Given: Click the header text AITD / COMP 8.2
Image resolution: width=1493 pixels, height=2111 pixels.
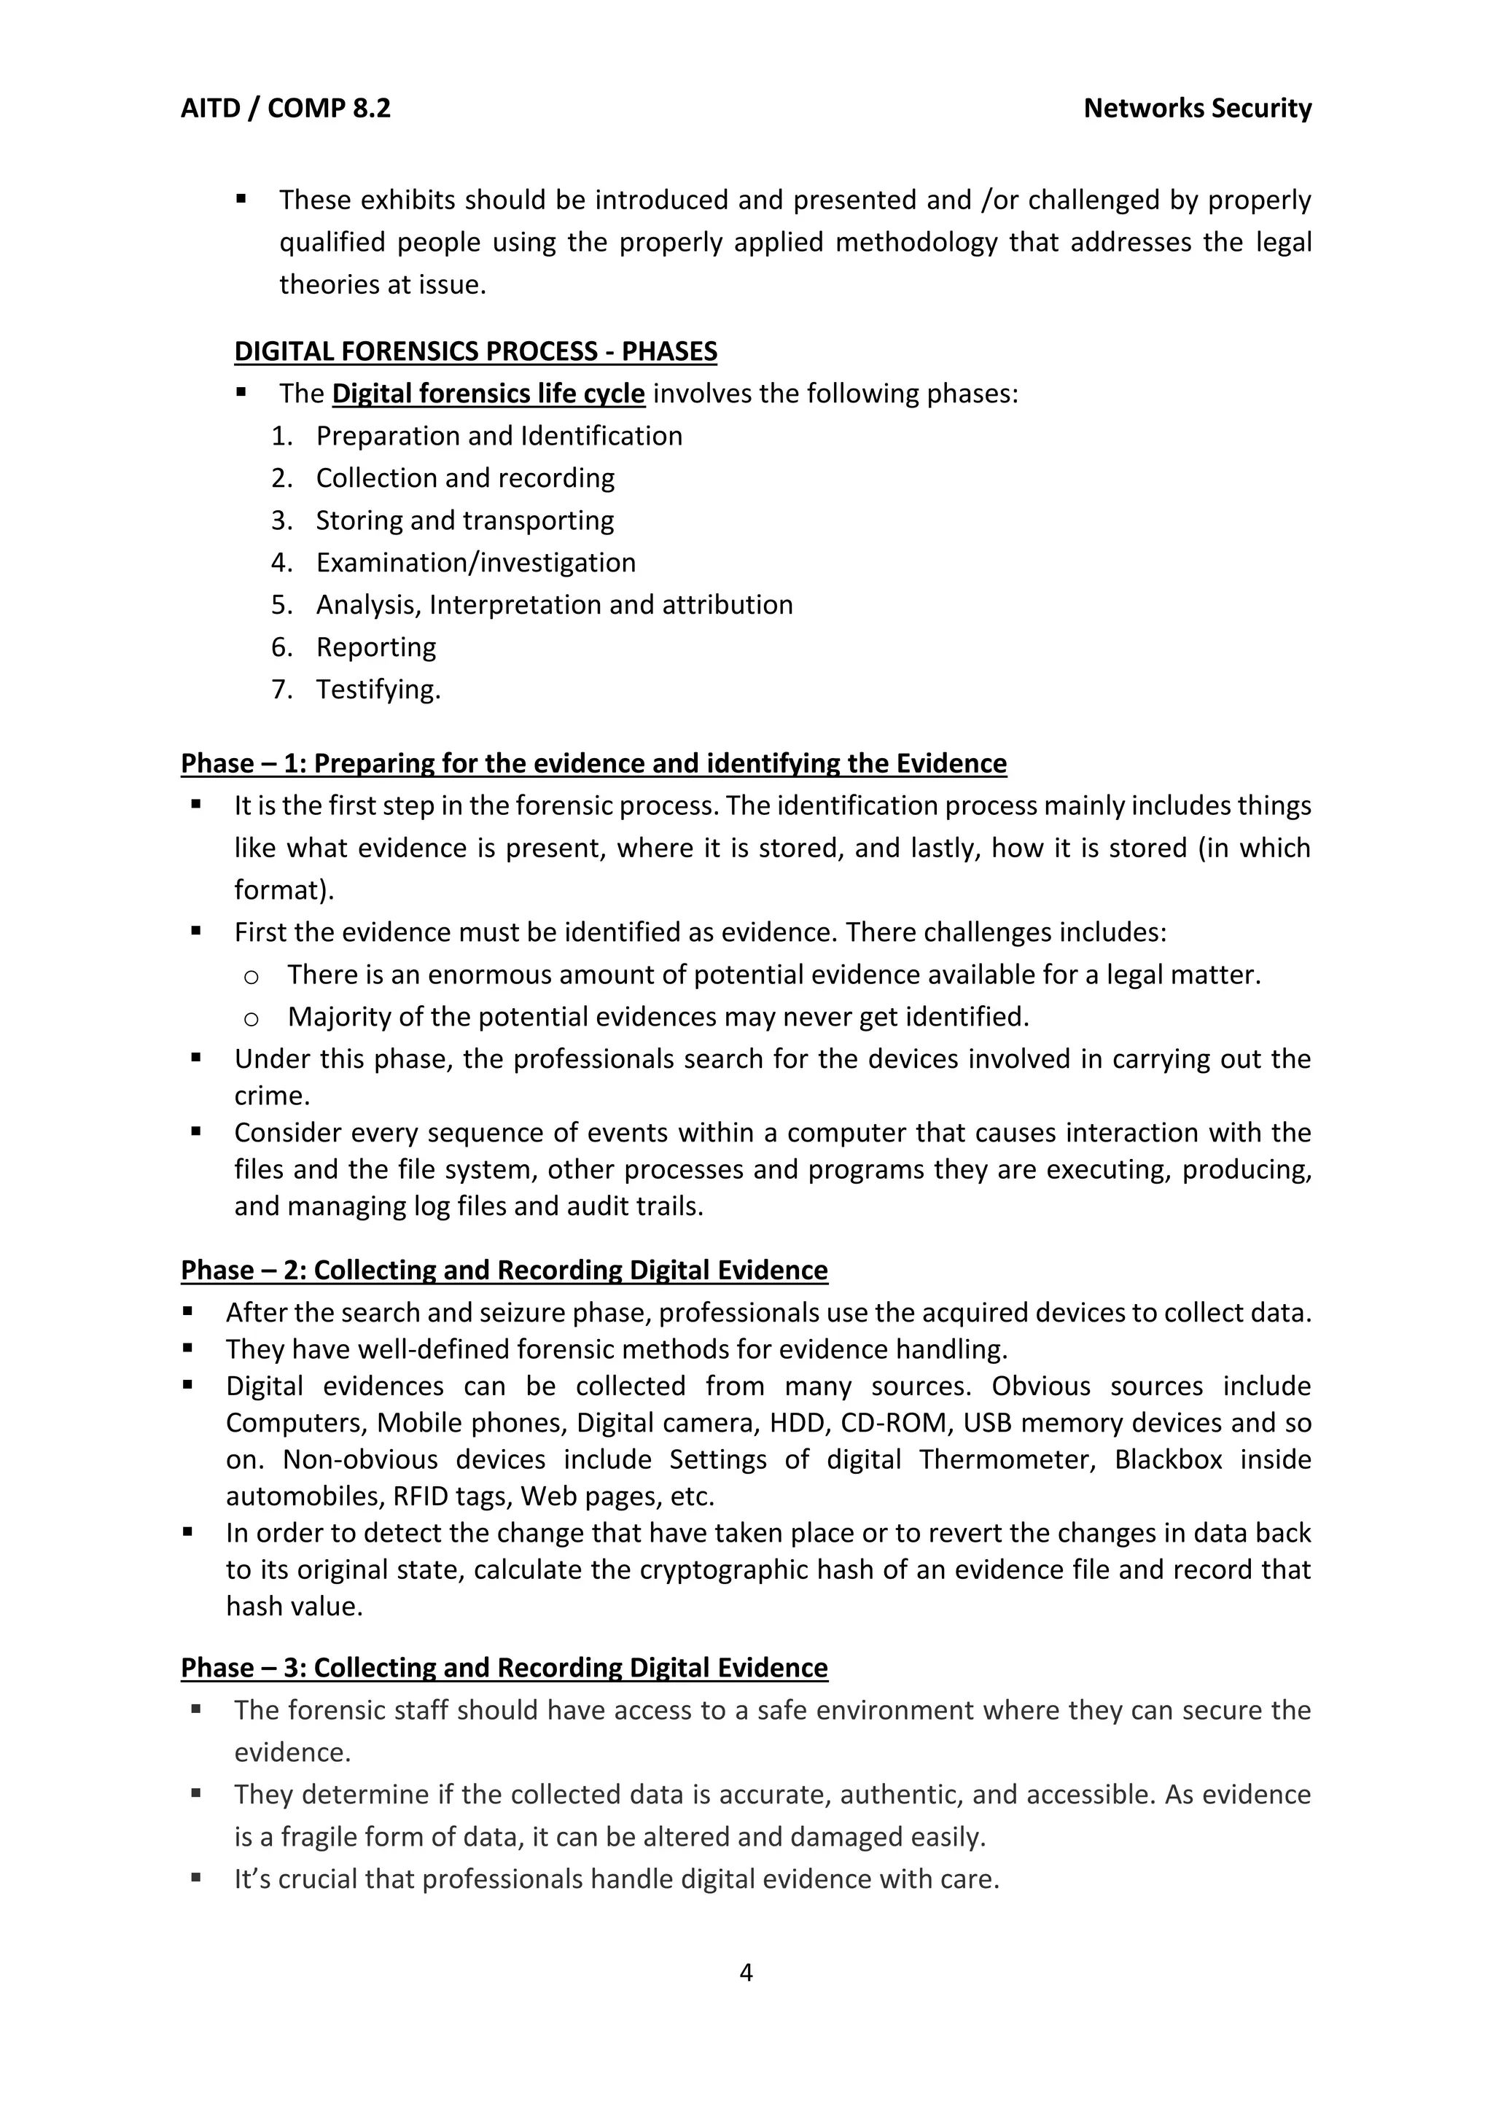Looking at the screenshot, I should [285, 109].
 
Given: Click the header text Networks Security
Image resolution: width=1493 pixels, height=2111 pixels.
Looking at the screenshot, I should [1197, 109].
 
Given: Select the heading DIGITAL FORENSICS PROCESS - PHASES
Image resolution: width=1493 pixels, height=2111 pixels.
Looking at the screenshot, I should [475, 351].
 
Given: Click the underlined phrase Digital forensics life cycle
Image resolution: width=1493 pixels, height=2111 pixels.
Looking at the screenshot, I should [488, 394].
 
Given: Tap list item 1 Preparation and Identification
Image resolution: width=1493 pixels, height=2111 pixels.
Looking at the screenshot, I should [499, 436].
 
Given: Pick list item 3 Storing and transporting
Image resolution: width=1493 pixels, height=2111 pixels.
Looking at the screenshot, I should [464, 520].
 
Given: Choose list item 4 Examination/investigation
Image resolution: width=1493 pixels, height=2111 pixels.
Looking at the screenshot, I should [475, 563].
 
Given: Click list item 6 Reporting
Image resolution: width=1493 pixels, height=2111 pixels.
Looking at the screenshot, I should [376, 647].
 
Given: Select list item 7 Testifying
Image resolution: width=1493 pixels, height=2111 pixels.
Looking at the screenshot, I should [378, 690].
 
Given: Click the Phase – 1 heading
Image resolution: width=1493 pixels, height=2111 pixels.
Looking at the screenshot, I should [593, 763].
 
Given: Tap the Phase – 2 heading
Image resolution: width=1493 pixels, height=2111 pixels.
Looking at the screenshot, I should [504, 1270].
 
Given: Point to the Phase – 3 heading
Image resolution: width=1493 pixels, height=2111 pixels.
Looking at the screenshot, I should [504, 1668].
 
